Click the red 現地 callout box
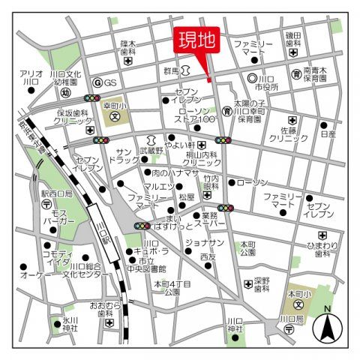[x=196, y=42]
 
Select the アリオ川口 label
[x=30, y=77]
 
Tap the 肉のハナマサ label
[x=173, y=173]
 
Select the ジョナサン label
[x=204, y=243]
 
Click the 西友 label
[x=208, y=257]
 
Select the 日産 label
[x=328, y=135]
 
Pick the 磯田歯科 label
[x=292, y=39]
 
